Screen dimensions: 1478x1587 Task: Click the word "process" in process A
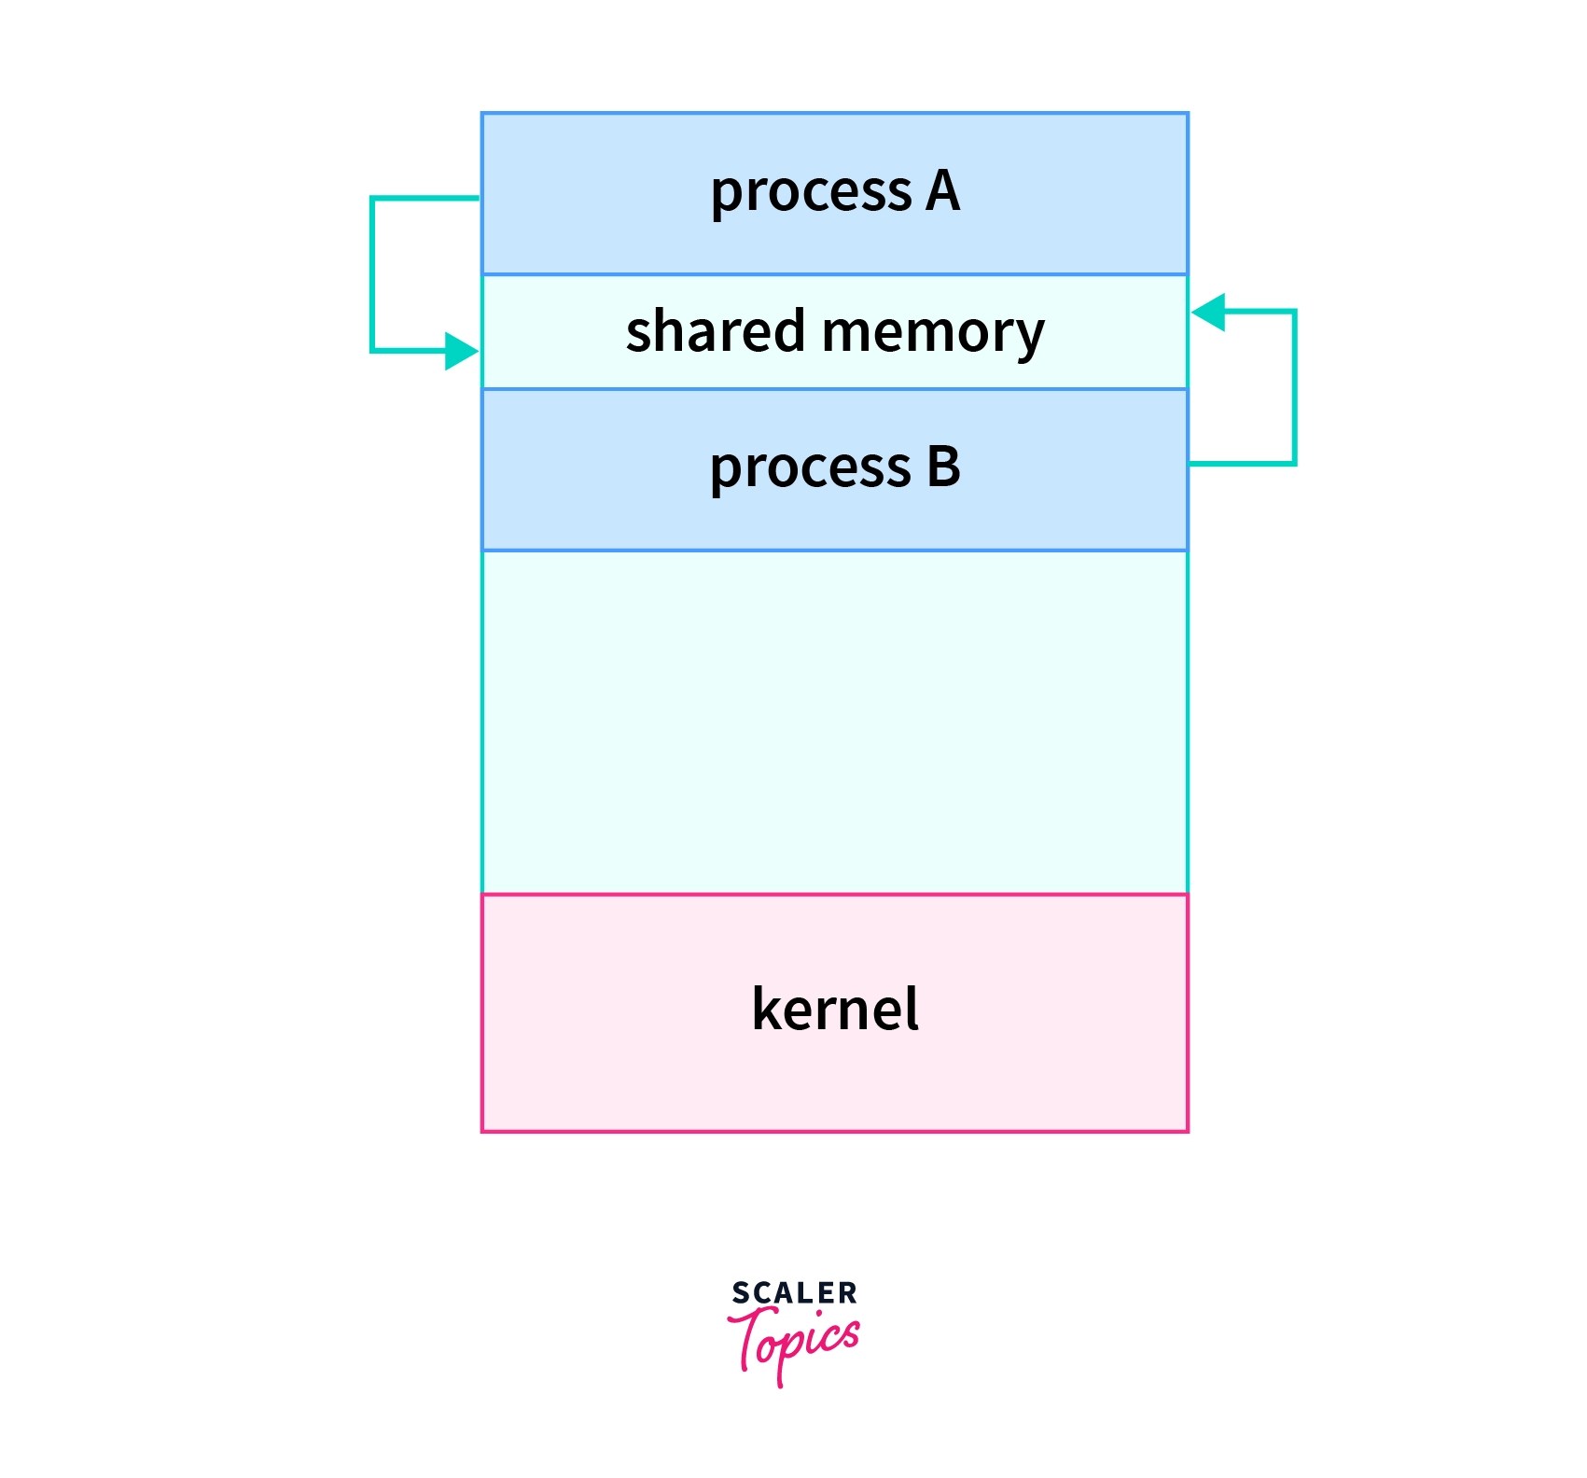coord(810,193)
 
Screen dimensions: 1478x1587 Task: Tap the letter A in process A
coord(942,191)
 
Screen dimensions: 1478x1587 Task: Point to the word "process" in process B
coord(809,468)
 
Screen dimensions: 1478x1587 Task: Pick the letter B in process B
coord(943,467)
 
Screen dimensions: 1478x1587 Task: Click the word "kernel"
coord(834,1009)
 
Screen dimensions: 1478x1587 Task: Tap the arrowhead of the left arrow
coord(463,351)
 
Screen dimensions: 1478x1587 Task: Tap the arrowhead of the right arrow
coord(1208,312)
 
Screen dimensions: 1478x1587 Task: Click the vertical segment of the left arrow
coord(372,274)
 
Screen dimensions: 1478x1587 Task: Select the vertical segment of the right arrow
coord(1294,387)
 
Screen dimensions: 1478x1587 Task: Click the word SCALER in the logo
coord(794,1293)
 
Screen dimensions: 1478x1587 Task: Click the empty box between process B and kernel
coord(834,721)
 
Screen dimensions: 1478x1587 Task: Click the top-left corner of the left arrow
coord(372,198)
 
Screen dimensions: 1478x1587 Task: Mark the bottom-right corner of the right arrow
coord(1294,463)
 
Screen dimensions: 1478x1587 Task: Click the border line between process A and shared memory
coord(834,274)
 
